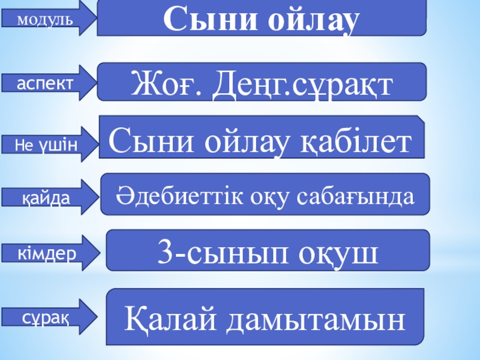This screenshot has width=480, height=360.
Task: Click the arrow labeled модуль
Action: point(48,19)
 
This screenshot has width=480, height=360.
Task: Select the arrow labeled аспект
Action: point(48,83)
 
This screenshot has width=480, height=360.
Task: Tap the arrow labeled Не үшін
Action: point(48,142)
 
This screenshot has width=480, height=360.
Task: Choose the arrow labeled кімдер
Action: point(48,253)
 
